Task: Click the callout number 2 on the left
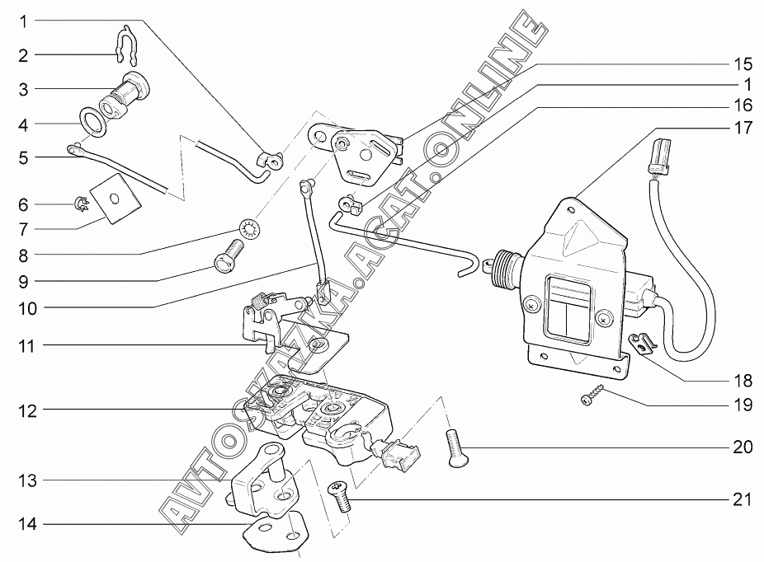click(23, 55)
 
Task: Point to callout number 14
click(28, 523)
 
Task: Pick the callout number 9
click(24, 281)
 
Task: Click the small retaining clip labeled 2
click(124, 45)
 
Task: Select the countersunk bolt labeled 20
click(455, 447)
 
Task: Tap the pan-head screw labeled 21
click(338, 494)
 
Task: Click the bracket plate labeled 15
click(361, 152)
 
